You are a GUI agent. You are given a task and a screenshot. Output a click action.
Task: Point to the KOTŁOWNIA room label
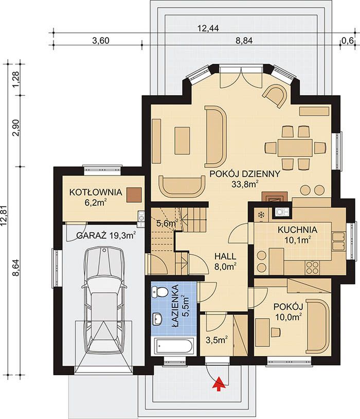point(96,192)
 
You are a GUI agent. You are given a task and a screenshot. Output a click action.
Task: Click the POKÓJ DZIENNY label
point(245,174)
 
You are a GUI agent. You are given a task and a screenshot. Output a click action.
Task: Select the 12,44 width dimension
point(208,28)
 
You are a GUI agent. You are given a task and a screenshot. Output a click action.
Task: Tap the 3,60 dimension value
point(101,41)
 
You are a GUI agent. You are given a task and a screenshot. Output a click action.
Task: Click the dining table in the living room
point(295,148)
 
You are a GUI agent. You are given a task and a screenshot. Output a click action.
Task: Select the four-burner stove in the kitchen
point(312,267)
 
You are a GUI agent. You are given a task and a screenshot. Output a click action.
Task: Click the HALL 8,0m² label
point(225,261)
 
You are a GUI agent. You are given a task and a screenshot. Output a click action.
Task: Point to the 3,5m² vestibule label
point(217,340)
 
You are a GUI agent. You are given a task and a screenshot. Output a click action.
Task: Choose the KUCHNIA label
point(297,230)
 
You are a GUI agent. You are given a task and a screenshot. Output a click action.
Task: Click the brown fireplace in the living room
point(275,197)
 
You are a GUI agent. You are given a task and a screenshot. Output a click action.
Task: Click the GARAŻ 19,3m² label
point(106,235)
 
